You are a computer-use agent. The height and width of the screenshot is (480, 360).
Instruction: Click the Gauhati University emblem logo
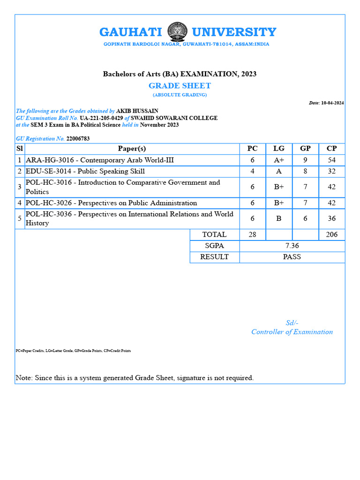click(x=177, y=32)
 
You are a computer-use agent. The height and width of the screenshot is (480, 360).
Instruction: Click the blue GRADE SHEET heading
click(x=180, y=86)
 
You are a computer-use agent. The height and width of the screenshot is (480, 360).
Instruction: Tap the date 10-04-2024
click(x=332, y=103)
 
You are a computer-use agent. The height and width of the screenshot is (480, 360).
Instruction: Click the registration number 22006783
click(x=78, y=139)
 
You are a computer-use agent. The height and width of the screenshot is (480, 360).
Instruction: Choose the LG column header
click(x=279, y=149)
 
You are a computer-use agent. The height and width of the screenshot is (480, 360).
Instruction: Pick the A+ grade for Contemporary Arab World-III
click(x=279, y=160)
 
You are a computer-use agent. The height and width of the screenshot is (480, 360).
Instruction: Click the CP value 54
click(x=331, y=160)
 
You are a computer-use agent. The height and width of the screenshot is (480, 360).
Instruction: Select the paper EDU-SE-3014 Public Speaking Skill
click(x=85, y=172)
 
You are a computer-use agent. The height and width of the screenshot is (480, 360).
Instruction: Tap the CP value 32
click(x=331, y=172)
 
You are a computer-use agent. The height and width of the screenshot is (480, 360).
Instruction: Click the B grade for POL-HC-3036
click(x=279, y=218)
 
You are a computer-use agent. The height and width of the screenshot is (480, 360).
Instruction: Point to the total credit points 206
click(x=331, y=234)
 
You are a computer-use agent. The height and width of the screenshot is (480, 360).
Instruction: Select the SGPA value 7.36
click(x=292, y=246)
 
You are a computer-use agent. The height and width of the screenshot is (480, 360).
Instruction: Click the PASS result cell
click(x=292, y=257)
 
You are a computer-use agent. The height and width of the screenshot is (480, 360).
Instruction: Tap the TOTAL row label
click(x=214, y=234)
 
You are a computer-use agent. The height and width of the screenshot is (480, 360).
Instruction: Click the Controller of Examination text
click(x=292, y=332)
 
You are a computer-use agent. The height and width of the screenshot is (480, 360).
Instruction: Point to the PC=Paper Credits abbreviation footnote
click(x=73, y=351)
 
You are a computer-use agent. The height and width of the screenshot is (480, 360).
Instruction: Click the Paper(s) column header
click(x=132, y=149)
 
